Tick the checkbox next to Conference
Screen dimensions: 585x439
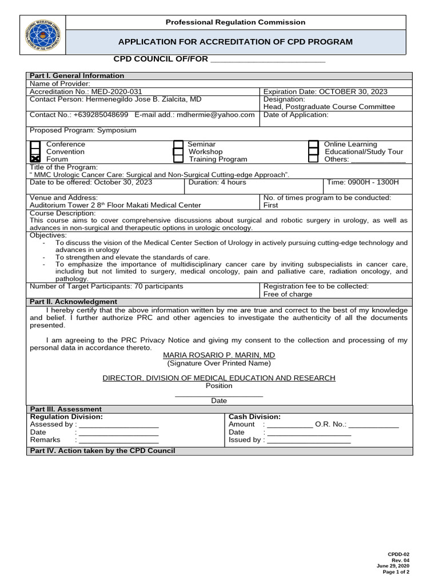tap(35, 145)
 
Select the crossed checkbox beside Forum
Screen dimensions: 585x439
tap(35, 159)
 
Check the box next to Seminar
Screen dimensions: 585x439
tap(178, 145)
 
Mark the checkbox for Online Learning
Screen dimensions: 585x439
tap(313, 145)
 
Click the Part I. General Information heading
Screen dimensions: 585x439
tap(77, 75)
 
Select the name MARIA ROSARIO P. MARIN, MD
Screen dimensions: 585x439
tap(219, 355)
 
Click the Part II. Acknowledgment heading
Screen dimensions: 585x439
tap(73, 302)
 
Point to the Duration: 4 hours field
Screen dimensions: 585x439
tap(217, 182)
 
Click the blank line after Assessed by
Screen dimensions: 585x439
tap(118, 425)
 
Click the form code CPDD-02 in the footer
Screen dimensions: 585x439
tap(398, 554)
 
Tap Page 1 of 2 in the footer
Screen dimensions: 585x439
tap(396, 572)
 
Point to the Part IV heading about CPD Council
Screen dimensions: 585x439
tap(102, 451)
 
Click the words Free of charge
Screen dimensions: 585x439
tap(288, 294)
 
